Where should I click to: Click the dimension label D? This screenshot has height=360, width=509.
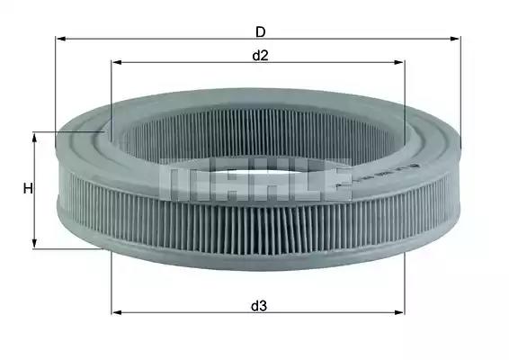pos(260,32)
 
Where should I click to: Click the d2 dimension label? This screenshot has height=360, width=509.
pos(260,56)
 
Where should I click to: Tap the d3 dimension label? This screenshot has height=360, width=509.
pos(259,306)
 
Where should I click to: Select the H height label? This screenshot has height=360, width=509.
pos(28,188)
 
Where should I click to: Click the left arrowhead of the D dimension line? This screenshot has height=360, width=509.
pos(61,39)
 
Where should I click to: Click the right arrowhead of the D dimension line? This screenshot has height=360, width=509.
pos(455,39)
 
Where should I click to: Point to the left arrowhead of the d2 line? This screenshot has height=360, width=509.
pos(116,62)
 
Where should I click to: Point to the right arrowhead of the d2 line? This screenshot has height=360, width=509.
pos(399,62)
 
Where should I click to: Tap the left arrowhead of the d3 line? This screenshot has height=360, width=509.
pos(117,312)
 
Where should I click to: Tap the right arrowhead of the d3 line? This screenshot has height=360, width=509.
pos(399,312)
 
